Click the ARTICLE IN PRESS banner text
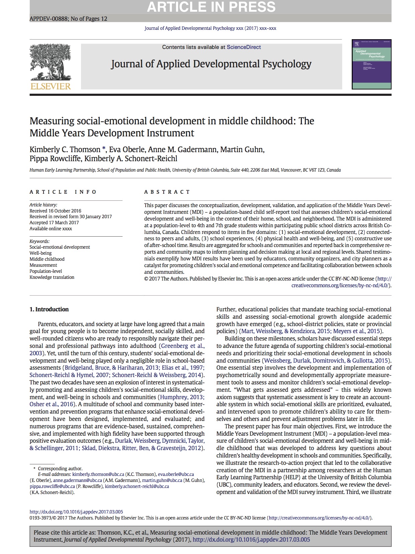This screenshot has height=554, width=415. click(x=211, y=7)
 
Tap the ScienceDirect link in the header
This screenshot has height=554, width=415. click(x=244, y=47)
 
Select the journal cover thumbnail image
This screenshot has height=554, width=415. click(x=371, y=64)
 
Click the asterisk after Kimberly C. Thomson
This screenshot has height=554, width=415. click(x=104, y=149)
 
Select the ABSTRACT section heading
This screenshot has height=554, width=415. click(x=167, y=192)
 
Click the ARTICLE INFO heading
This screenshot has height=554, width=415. click(x=63, y=192)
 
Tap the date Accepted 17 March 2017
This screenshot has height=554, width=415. click(x=54, y=223)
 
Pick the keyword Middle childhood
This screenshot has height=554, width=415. click(x=47, y=259)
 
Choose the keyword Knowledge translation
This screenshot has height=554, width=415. click(x=52, y=277)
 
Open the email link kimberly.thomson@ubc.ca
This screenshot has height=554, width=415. click(x=98, y=474)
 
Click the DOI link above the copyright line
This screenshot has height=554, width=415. click(x=76, y=512)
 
